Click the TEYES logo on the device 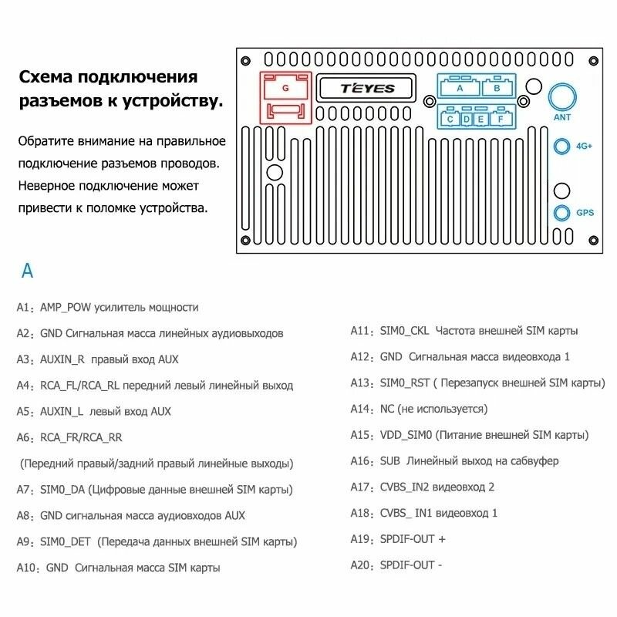[367, 89]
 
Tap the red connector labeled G [285, 89]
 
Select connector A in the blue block [460, 88]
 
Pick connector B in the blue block [497, 88]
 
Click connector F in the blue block [500, 119]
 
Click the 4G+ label [585, 146]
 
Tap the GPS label [585, 212]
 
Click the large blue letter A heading [27, 271]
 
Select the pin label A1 [25, 307]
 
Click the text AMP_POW [66, 307]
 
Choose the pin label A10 [28, 568]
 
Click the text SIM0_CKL [404, 331]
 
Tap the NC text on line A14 [387, 409]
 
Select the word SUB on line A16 [389, 460]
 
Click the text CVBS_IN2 [409, 487]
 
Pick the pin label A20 [361, 565]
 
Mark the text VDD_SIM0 [406, 435]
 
